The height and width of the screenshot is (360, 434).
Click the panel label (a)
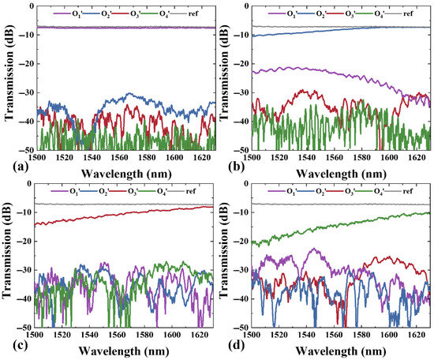(x=21, y=167)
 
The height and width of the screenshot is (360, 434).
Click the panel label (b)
(x=236, y=167)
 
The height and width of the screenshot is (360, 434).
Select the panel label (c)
(x=20, y=345)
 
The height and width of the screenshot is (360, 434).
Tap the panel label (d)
(x=236, y=345)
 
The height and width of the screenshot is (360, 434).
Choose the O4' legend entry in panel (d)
(x=370, y=191)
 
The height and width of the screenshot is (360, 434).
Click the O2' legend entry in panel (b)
(x=312, y=13)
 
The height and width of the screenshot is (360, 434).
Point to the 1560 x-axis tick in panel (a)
(x=119, y=157)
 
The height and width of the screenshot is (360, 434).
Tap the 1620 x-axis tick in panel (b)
(x=417, y=157)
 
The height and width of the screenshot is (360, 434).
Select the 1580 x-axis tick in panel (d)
(x=361, y=335)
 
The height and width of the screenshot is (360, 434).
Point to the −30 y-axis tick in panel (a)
(x=26, y=92)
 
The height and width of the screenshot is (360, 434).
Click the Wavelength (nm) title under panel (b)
(x=341, y=174)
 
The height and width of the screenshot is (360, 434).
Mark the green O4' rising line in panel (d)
(x=340, y=227)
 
